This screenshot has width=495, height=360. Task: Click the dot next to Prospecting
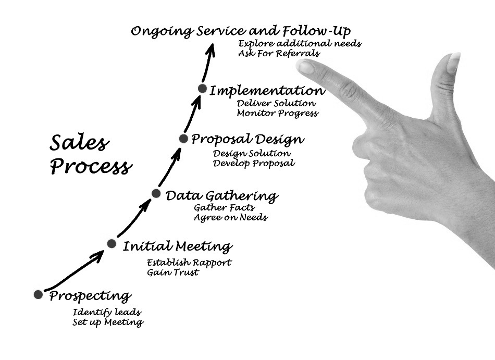[38, 294]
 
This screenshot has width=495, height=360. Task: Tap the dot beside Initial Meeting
[111, 243]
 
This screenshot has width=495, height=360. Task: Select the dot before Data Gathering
[156, 193]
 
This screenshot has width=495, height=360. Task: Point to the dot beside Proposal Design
[183, 139]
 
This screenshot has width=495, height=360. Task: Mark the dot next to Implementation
[202, 89]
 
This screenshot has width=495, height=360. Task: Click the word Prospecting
[90, 297]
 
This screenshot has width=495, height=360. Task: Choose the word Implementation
[267, 91]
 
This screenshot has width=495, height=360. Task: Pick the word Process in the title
[91, 167]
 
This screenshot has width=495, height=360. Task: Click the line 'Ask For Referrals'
[279, 53]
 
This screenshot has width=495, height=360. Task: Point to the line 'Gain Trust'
[172, 272]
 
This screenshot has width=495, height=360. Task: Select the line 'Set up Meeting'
[108, 322]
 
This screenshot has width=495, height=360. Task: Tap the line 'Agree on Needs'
[230, 217]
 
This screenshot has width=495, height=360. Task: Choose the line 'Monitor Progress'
[277, 113]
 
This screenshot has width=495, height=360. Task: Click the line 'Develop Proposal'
[254, 163]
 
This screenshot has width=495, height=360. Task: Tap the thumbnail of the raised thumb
[453, 63]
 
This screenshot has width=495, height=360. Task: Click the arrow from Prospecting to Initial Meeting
[73, 271]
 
